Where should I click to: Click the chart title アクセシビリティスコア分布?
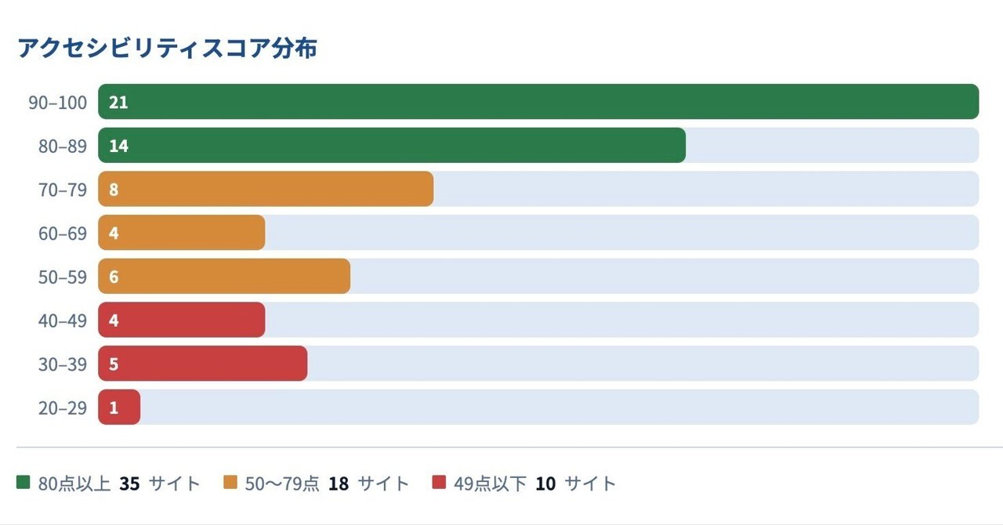(x=167, y=49)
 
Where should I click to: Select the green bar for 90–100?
(x=538, y=102)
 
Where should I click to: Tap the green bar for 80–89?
(x=392, y=146)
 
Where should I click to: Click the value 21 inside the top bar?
(x=118, y=103)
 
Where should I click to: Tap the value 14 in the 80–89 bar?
(x=118, y=146)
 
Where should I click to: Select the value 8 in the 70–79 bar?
(x=114, y=190)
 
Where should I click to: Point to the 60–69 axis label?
(x=63, y=234)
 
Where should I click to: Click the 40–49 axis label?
(x=63, y=320)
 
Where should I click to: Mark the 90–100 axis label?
(x=58, y=103)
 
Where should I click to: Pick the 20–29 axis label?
(x=63, y=408)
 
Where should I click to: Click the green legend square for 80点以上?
(x=23, y=483)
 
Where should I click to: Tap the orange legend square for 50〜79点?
(x=230, y=483)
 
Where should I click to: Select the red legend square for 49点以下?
(x=439, y=483)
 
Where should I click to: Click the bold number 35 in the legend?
(x=129, y=483)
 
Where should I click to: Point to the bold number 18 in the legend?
(x=339, y=483)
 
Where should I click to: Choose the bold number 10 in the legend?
(x=545, y=483)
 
